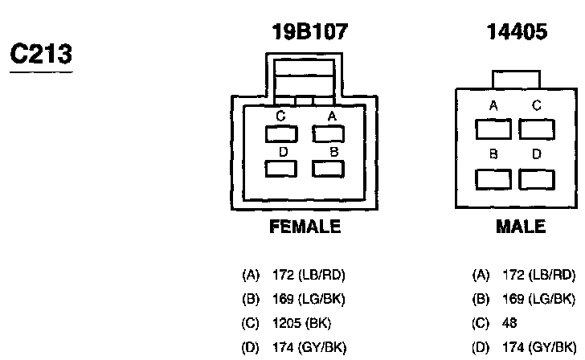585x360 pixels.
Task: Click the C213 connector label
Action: (40, 54)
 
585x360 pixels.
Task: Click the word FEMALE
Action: (304, 227)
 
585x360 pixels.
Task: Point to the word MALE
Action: (520, 227)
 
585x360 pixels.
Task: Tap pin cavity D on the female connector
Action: (281, 168)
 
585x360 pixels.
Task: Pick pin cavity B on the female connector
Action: (328, 168)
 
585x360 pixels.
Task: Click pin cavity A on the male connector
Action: (493, 129)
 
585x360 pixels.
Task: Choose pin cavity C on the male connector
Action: (536, 129)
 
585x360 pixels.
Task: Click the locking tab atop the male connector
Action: (516, 79)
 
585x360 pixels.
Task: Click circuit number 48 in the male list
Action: (510, 324)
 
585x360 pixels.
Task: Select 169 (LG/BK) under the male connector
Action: (538, 300)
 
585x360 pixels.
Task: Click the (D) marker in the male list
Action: (481, 348)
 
